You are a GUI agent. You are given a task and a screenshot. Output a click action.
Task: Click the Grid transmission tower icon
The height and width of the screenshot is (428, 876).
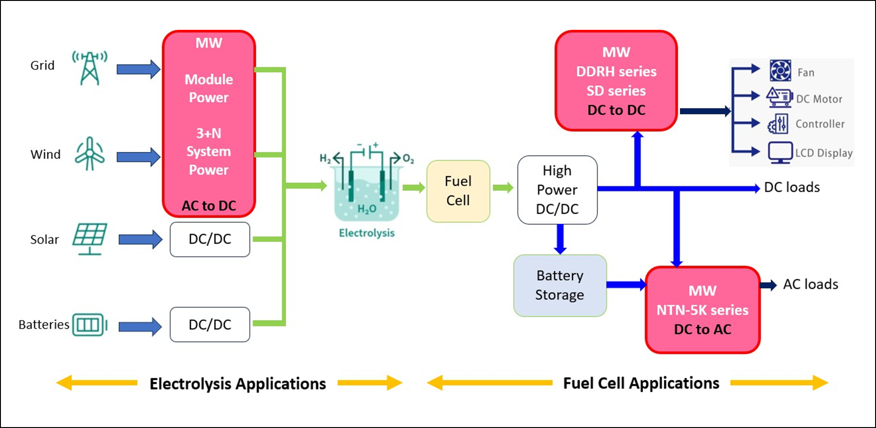[x=90, y=68]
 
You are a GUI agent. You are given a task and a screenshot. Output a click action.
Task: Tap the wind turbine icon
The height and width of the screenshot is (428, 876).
[x=90, y=154]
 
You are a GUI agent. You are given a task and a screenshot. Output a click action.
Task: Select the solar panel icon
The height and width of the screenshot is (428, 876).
[x=90, y=239]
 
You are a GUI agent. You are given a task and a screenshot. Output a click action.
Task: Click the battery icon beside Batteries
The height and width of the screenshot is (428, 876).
[x=89, y=325]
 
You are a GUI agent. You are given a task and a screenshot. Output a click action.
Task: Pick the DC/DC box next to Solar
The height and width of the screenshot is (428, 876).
[x=210, y=239]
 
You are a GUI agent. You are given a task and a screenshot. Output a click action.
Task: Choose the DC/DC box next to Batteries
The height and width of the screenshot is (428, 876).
[x=210, y=325]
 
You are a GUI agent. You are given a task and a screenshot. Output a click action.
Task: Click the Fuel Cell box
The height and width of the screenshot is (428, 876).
[x=458, y=191]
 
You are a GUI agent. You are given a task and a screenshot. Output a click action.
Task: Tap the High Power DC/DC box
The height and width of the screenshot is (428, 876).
[x=557, y=190]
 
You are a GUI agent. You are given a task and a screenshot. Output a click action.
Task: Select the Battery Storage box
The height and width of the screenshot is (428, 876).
[x=560, y=285]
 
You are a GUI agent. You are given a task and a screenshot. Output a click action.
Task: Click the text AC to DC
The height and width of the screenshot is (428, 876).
[x=209, y=206]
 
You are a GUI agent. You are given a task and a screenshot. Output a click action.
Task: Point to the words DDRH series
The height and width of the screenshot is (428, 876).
[x=616, y=72]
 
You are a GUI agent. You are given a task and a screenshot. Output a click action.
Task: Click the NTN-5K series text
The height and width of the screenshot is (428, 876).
[x=702, y=310]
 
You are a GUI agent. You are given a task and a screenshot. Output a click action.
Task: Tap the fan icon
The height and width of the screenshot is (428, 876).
[x=780, y=71]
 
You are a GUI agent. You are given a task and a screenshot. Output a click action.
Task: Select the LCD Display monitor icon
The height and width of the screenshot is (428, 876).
[x=780, y=152]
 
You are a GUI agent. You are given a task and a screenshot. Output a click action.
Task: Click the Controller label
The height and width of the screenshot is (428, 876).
[x=820, y=124]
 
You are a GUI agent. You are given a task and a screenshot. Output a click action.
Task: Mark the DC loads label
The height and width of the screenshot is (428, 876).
[x=792, y=187]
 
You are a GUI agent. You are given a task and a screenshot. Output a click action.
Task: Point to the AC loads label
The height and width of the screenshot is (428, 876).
[x=810, y=284]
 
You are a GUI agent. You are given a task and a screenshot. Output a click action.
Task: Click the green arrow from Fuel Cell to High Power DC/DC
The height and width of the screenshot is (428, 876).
[x=503, y=188]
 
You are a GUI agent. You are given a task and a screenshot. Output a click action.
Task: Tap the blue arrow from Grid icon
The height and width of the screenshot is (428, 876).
[x=138, y=69]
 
